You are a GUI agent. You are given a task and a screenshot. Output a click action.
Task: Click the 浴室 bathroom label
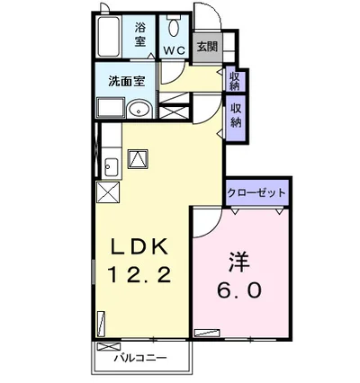point(140,35)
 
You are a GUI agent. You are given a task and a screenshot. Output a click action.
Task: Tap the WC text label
point(174,50)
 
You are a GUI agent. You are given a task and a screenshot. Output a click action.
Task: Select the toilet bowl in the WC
point(174,26)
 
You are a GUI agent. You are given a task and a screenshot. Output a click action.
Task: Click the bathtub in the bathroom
point(109,36)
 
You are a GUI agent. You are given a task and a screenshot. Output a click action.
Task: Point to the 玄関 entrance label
point(207,47)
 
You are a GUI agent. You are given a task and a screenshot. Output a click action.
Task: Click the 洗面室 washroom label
point(127,81)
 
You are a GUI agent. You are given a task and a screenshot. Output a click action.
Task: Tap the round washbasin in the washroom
point(139,110)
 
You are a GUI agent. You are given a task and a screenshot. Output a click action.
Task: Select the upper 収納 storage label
point(235,81)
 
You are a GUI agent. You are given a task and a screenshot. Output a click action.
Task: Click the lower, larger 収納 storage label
point(236,115)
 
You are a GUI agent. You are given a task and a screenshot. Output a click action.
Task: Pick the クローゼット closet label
point(256,192)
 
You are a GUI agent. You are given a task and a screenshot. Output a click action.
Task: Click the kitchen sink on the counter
point(111,167)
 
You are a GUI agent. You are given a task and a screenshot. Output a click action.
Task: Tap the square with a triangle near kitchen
point(138,159)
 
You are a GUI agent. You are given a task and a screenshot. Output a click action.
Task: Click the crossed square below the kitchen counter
point(108,192)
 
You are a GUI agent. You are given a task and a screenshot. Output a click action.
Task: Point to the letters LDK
point(139,246)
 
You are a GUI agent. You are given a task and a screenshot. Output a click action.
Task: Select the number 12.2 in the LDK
point(139,274)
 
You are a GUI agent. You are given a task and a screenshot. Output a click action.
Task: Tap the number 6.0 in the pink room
point(239,289)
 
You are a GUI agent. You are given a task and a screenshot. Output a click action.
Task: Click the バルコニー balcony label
point(140,358)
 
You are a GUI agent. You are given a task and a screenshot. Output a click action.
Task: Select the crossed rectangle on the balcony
point(108,347)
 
